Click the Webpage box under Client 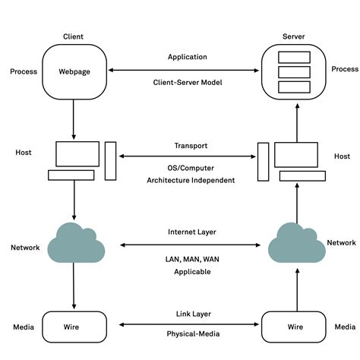pos(74,72)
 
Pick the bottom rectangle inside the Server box pos(293,87)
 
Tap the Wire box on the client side pos(74,327)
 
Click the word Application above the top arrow pos(187,57)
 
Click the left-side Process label pos(24,71)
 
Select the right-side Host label pos(342,156)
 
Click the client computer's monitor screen pos(77,153)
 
